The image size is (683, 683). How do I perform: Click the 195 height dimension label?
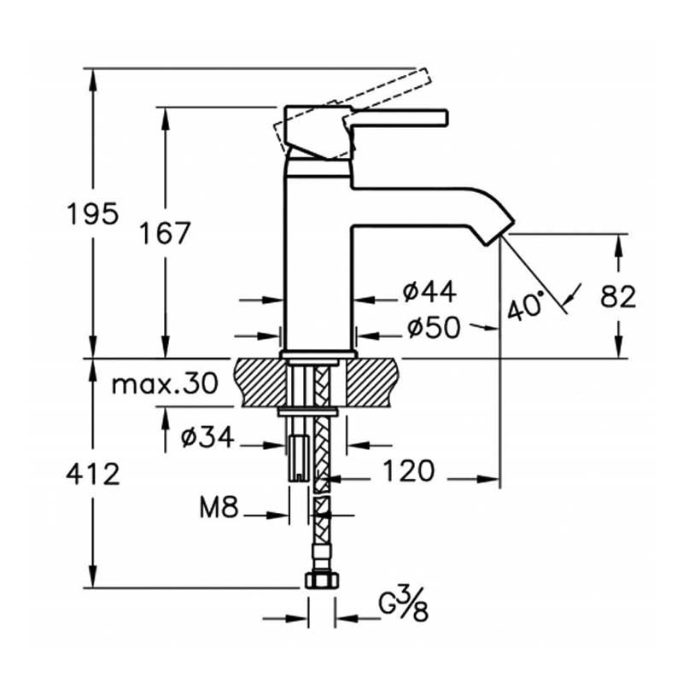click(93, 213)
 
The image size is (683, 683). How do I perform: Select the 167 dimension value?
click(166, 232)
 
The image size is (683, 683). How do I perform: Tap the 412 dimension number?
click(93, 473)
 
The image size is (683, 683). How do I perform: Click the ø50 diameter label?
click(433, 327)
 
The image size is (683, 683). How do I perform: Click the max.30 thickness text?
click(166, 384)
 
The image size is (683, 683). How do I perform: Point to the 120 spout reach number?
click(409, 470)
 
